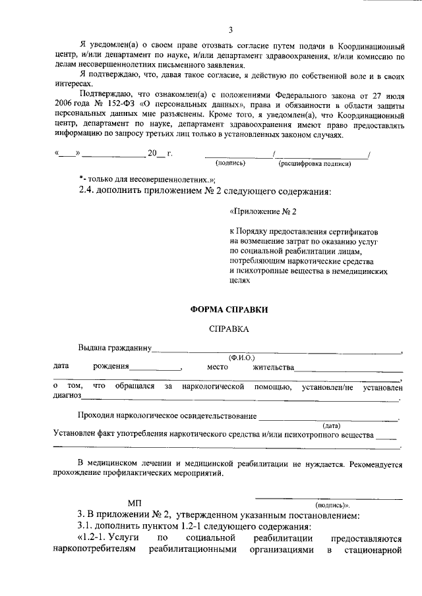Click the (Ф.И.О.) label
click(241, 357)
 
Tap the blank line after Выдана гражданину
click(277, 349)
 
